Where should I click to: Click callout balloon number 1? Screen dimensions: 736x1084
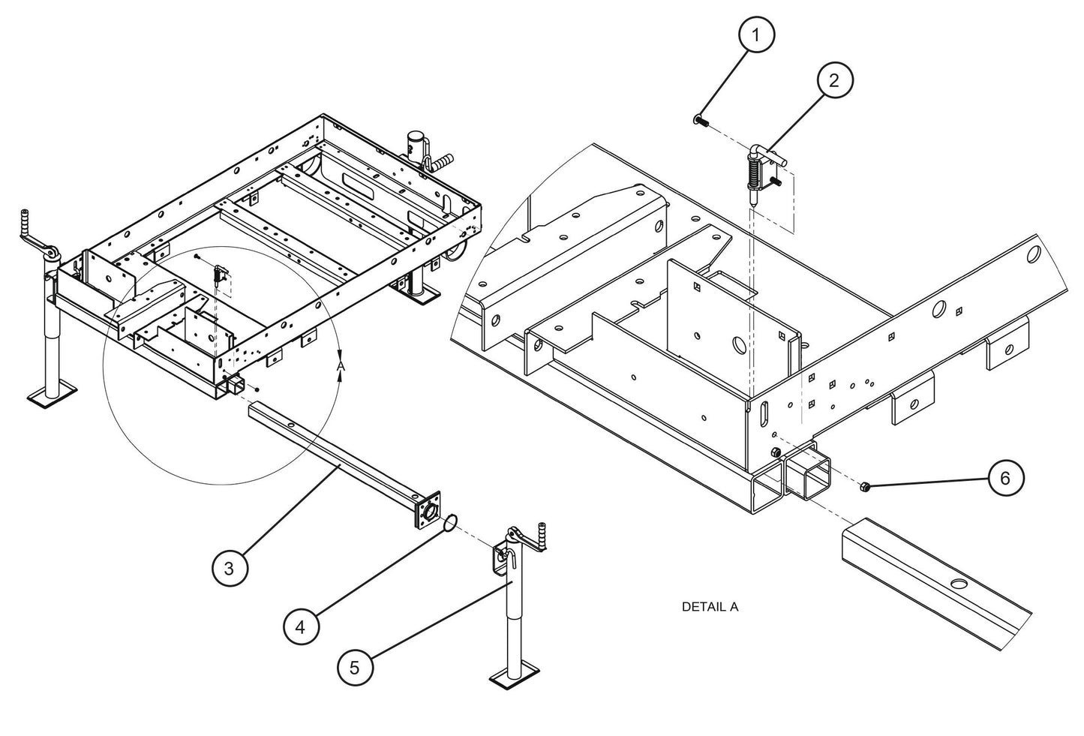pos(756,35)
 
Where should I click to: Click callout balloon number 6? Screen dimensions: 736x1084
pos(1005,477)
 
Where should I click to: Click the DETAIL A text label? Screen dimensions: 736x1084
pos(710,606)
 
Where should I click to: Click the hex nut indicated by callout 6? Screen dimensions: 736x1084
pos(864,488)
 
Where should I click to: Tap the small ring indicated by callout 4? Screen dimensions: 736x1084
pos(449,523)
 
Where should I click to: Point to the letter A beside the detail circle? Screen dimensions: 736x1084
pos(340,365)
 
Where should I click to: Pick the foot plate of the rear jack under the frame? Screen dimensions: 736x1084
pos(419,296)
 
